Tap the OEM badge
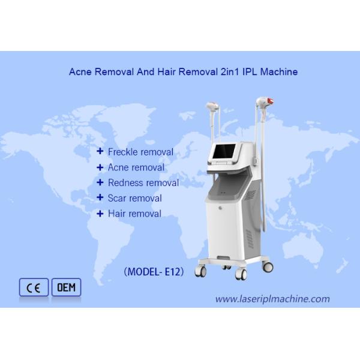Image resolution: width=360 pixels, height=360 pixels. [x=66, y=288]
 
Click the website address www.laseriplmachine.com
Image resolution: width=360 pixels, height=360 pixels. [x=272, y=299]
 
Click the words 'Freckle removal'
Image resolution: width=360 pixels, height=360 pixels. [x=140, y=152]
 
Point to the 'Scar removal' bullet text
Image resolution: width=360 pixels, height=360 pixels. [x=134, y=198]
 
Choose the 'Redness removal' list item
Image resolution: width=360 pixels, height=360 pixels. [x=143, y=183]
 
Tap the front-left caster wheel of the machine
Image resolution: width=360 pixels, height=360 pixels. [x=202, y=271]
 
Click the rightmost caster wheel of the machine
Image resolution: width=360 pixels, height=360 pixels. [x=268, y=266]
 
